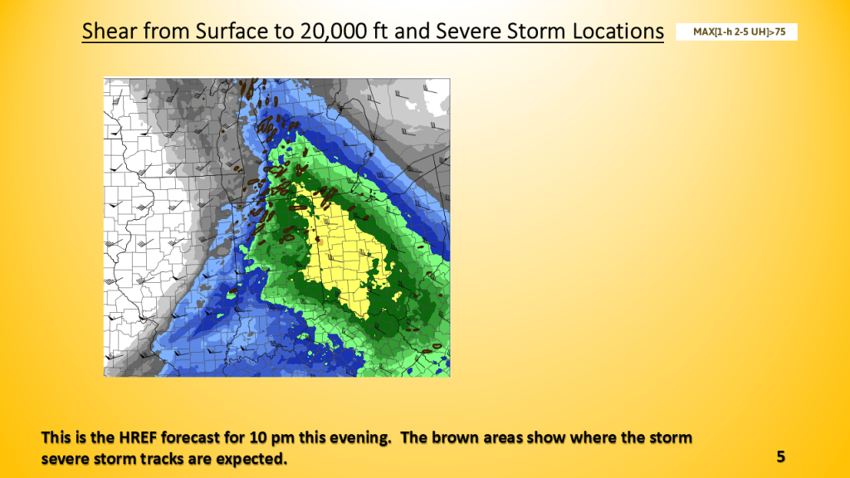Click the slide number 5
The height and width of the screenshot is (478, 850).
780,456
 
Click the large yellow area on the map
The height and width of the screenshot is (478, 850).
347,249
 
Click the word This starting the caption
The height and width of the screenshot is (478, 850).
56,437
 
